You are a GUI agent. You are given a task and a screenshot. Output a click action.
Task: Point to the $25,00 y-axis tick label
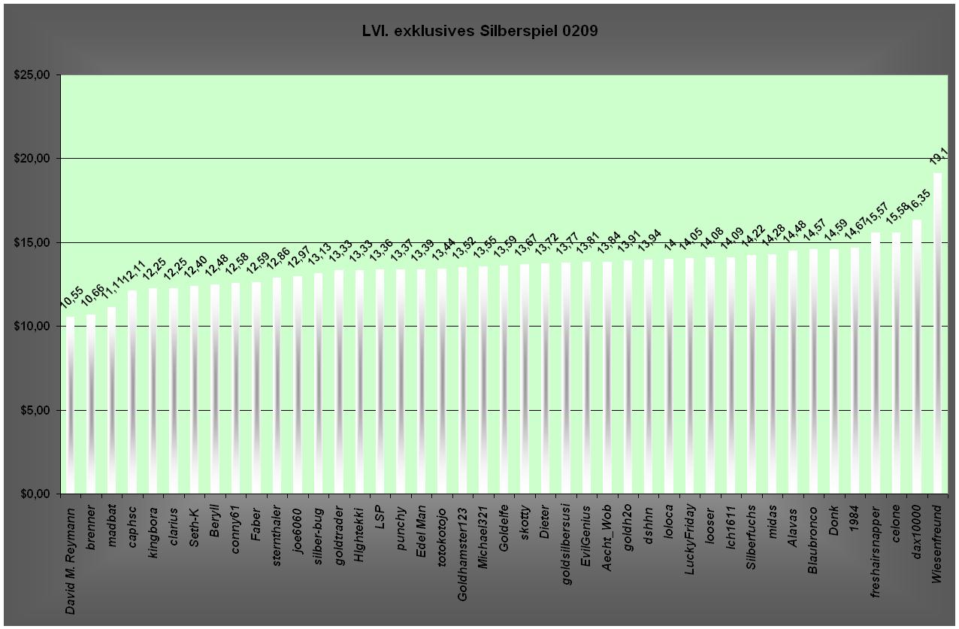tap(31, 75)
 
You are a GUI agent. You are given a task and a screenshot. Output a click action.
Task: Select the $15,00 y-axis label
tap(31, 242)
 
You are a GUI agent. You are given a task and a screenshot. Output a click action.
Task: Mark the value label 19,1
tap(937, 156)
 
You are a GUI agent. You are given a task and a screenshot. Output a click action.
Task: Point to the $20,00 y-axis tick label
tap(31, 159)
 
